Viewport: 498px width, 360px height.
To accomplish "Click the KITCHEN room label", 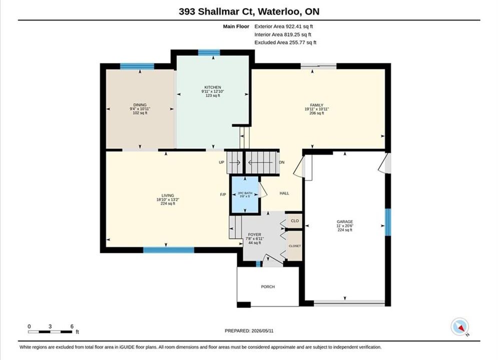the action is click(213, 87).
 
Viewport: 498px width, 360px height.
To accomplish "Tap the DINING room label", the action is click(140, 105).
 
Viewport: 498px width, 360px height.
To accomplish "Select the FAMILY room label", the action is click(317, 105).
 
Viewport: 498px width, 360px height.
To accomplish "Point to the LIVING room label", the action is click(168, 195).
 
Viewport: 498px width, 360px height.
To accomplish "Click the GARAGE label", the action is click(345, 221).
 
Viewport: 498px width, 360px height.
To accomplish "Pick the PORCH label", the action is click(268, 286).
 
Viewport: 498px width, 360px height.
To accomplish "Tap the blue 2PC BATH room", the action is click(245, 194).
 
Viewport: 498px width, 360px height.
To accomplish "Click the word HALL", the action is click(284, 193).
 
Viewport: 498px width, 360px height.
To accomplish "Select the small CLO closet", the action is click(294, 221).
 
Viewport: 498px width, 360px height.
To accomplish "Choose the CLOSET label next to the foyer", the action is click(295, 246).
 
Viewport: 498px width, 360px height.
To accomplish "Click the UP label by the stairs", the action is click(221, 162).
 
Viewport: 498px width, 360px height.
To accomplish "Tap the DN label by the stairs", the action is click(281, 162).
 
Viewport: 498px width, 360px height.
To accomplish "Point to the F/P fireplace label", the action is click(223, 194).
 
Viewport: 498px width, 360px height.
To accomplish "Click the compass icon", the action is click(459, 326).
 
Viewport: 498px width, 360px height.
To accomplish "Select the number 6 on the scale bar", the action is click(72, 326).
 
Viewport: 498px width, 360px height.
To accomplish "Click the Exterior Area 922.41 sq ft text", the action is click(284, 26).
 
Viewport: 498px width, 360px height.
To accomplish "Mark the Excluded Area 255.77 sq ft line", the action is click(285, 42).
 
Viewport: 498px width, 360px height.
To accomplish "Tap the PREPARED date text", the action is click(249, 331).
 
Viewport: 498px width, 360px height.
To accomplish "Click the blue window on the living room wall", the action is click(169, 250).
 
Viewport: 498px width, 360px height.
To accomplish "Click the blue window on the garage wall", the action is click(388, 222).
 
